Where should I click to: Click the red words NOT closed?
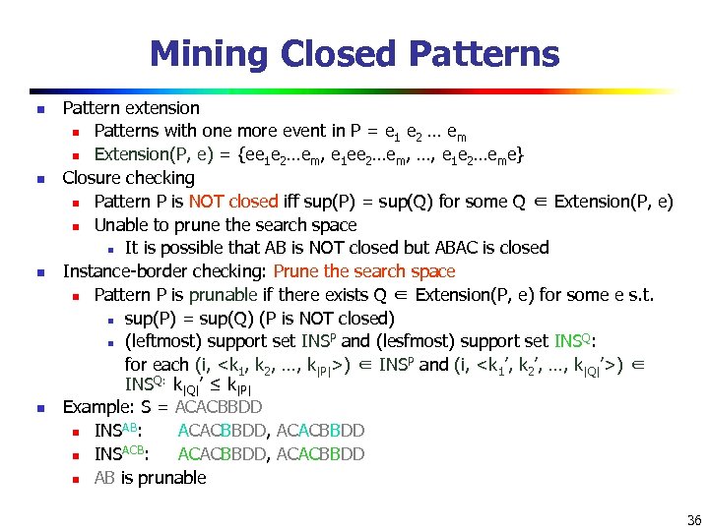coord(232,202)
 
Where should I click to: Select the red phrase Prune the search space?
coord(364,271)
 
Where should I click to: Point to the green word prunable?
coord(222,295)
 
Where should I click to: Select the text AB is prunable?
coord(150,478)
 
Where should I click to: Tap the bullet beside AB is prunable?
coord(74,479)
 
